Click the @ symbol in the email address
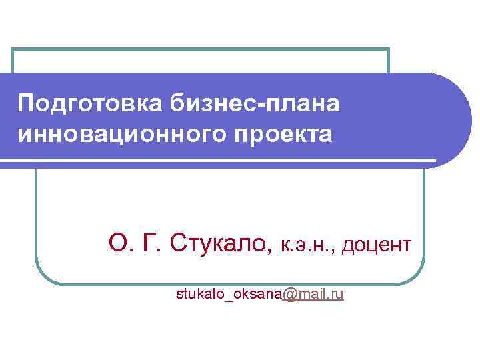pyautogui.click(x=290, y=293)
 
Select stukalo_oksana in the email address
pyautogui.click(x=229, y=294)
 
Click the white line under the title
pyautogui.click(x=220, y=161)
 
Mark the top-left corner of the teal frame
pyautogui.click(x=14, y=50)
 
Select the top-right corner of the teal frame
pyautogui.click(x=388, y=50)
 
